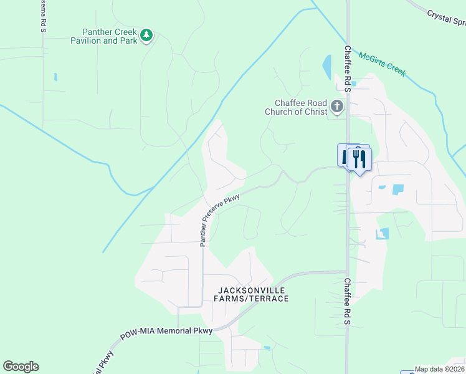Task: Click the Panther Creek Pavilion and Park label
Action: click(110, 36)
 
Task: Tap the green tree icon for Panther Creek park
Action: click(146, 35)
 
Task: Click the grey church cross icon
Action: click(337, 107)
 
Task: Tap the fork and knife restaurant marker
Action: click(359, 158)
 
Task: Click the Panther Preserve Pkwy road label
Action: click(221, 219)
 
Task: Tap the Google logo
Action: click(21, 367)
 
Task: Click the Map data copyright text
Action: click(440, 369)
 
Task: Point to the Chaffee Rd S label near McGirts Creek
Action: click(348, 69)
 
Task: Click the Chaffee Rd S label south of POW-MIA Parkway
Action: click(348, 301)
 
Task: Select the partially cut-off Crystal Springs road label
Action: click(446, 19)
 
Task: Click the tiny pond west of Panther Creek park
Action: click(55, 77)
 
